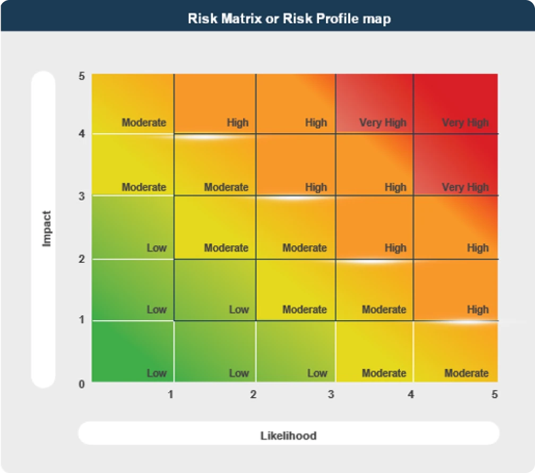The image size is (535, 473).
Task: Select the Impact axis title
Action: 47,229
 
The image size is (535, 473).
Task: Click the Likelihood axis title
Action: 288,436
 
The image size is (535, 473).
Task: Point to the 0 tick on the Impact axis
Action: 81,384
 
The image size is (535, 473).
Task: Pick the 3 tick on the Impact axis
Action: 81,196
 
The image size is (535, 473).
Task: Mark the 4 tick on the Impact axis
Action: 81,134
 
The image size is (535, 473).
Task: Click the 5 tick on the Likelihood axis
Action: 494,394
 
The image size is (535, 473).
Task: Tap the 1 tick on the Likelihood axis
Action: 170,394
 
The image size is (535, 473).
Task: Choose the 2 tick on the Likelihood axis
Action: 253,394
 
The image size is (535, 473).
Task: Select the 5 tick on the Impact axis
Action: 81,76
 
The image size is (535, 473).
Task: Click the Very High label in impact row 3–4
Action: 465,187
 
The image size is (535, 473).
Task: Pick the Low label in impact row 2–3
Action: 156,248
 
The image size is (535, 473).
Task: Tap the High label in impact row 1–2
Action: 478,309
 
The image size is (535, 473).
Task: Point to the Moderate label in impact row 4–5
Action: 144,123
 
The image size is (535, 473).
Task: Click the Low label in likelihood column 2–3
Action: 317,373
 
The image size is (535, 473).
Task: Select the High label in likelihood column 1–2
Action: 237,123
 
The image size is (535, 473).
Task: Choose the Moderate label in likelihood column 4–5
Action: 466,373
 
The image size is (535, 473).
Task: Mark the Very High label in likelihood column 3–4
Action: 382,123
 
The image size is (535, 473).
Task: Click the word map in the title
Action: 378,19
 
